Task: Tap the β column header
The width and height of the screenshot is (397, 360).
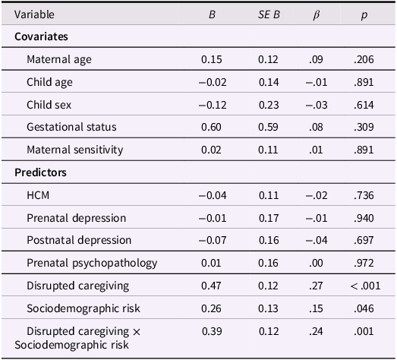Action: [x=317, y=14]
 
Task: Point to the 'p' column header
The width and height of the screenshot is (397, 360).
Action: [x=365, y=14]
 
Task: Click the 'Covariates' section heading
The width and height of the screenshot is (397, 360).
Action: [x=41, y=36]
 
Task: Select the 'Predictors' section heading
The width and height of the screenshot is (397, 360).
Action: [x=40, y=172]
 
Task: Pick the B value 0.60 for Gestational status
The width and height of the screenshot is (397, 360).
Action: [x=211, y=127]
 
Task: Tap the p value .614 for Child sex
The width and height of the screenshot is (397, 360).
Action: [x=365, y=104]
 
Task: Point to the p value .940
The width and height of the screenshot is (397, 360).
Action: [x=365, y=218]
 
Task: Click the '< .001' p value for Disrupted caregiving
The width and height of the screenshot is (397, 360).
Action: [x=365, y=286]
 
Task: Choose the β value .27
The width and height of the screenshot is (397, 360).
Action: [x=317, y=286]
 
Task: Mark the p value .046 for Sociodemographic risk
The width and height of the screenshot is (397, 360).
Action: [x=365, y=309]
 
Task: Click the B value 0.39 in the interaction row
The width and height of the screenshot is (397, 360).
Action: [x=211, y=332]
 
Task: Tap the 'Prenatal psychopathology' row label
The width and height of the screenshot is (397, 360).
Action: [x=92, y=264]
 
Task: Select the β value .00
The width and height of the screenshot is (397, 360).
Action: [x=317, y=264]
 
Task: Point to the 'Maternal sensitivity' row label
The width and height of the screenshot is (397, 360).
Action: [x=74, y=150]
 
